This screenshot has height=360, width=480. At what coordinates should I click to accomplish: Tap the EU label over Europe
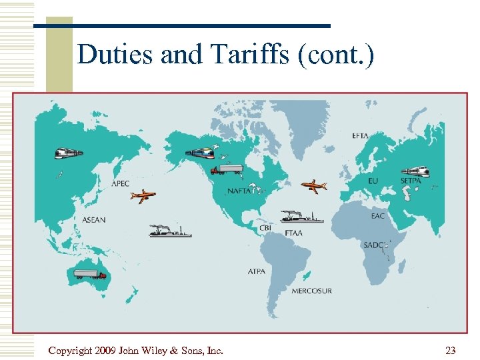tap(373, 181)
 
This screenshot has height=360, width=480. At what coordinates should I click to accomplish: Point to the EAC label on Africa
tap(377, 216)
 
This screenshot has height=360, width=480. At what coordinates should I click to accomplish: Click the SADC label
tap(374, 245)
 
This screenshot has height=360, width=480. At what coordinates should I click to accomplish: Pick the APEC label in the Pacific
tap(121, 183)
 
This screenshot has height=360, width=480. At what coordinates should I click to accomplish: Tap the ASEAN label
tap(94, 220)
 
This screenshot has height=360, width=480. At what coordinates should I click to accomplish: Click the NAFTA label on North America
tap(240, 191)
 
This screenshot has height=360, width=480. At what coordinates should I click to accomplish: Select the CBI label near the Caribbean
tap(265, 227)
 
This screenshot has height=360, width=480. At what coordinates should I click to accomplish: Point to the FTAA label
tap(294, 233)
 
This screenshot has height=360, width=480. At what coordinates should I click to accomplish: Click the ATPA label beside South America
tap(257, 271)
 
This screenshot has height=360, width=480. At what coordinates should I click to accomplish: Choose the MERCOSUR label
tap(311, 291)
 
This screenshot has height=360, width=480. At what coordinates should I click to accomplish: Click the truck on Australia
tap(89, 274)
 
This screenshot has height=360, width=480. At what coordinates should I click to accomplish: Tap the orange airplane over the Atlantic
tap(313, 186)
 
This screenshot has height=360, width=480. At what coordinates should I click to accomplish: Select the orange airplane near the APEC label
tap(143, 196)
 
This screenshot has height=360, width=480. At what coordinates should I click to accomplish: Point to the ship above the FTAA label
tap(301, 216)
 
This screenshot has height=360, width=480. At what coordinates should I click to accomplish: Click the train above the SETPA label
tap(415, 171)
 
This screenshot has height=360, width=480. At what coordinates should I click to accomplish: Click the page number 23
tap(450, 350)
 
